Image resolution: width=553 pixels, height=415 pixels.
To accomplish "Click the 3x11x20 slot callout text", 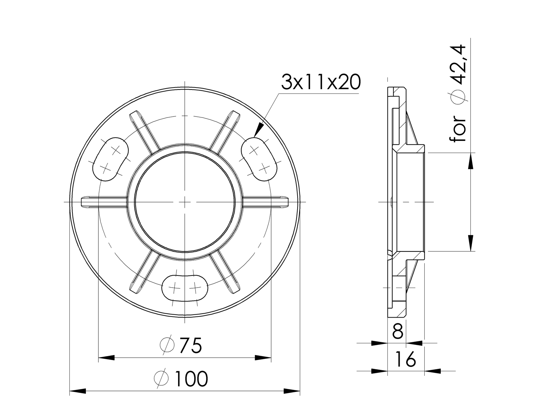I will [x=321, y=82].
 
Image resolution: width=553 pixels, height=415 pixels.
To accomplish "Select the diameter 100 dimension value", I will [x=191, y=379].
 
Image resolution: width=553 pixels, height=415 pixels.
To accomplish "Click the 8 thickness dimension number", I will [x=398, y=332].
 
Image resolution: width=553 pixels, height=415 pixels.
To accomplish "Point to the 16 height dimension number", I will [x=405, y=359].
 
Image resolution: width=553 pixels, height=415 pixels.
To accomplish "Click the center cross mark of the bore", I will [x=185, y=202].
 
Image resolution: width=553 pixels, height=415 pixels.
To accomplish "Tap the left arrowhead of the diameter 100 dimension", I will [x=78, y=391].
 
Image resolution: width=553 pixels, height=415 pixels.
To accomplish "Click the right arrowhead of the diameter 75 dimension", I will [x=263, y=358].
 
